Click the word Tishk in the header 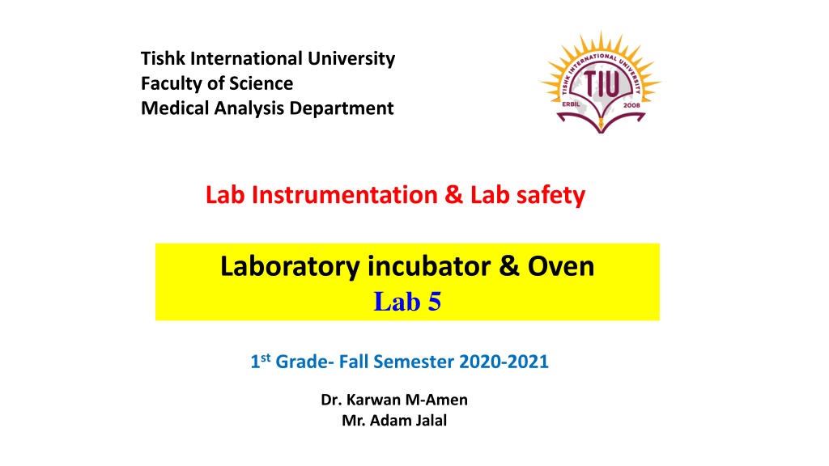point(163,58)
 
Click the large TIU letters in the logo point(602,84)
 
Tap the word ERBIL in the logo point(571,104)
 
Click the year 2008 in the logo point(631,105)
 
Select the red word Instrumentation point(345,195)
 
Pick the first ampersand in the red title point(454,195)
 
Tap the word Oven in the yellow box point(561,266)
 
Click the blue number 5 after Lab point(434,303)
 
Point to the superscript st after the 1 point(266,357)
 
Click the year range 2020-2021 point(504,362)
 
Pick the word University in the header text point(351,59)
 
